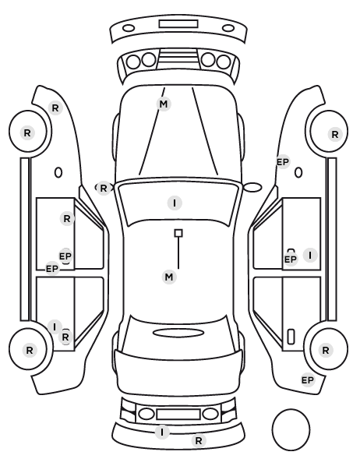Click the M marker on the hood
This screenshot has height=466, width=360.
pos(164,104)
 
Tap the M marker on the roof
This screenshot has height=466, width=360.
pos(169,277)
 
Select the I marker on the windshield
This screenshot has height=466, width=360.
pos(175,203)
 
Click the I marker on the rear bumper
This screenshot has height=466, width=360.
pos(162,432)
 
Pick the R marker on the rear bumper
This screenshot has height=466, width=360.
pos(199,440)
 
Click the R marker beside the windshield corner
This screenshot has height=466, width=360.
pos(103,188)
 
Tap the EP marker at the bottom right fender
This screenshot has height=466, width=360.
pos(308,380)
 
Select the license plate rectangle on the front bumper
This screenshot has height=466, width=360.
pos(178,24)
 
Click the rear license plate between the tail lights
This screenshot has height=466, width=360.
pos(178,414)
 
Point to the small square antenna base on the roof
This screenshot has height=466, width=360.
pos(178,233)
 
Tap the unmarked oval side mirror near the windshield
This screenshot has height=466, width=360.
pos(252,187)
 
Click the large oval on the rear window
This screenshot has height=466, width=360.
pos(178,333)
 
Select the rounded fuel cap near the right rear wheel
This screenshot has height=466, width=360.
pos(291,337)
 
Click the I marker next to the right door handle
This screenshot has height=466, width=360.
pos(310,256)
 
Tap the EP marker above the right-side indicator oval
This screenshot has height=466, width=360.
pos(283,162)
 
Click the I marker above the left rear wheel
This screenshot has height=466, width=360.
pos(55,327)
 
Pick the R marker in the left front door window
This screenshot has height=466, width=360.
pos(67,219)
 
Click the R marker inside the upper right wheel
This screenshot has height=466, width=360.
pos(335,134)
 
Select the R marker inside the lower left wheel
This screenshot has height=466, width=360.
pos(30,350)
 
